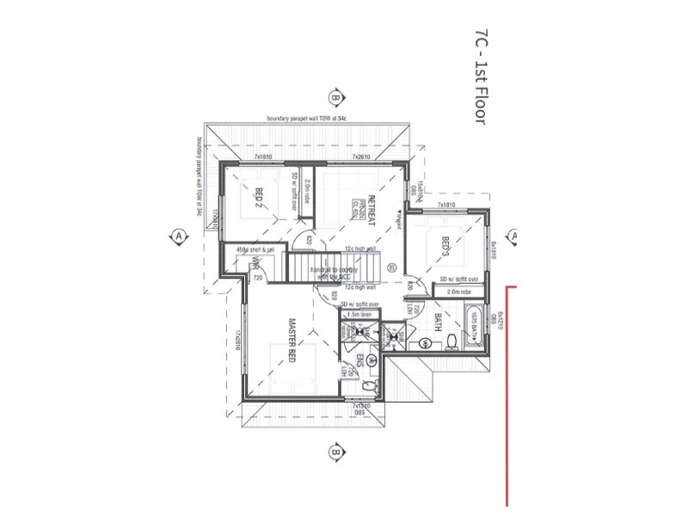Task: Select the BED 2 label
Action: click(257, 200)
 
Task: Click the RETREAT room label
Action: click(372, 212)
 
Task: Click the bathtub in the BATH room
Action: click(473, 336)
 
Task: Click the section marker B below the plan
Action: click(335, 451)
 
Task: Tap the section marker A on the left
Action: click(178, 235)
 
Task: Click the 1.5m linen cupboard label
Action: click(359, 316)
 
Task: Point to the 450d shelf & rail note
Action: click(255, 250)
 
